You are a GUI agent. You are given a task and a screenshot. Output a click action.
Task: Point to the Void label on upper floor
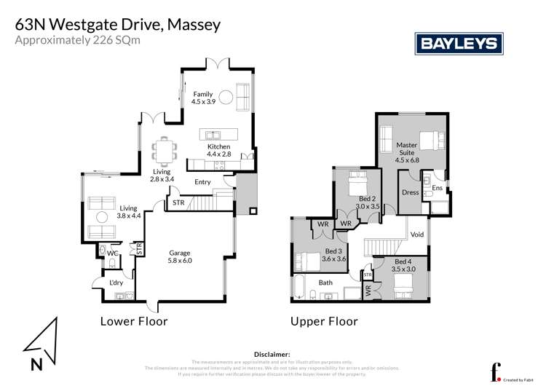[417, 235]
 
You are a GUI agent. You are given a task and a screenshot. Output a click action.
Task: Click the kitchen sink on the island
[213, 135]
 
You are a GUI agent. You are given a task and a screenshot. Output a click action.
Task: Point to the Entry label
[203, 182]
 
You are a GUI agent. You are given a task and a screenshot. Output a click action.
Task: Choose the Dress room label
[409, 193]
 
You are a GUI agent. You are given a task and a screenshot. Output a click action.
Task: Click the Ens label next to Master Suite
[437, 189]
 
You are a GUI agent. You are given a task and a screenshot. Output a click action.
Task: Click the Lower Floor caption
[134, 320]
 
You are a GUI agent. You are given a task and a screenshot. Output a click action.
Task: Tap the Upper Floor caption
[324, 320]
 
